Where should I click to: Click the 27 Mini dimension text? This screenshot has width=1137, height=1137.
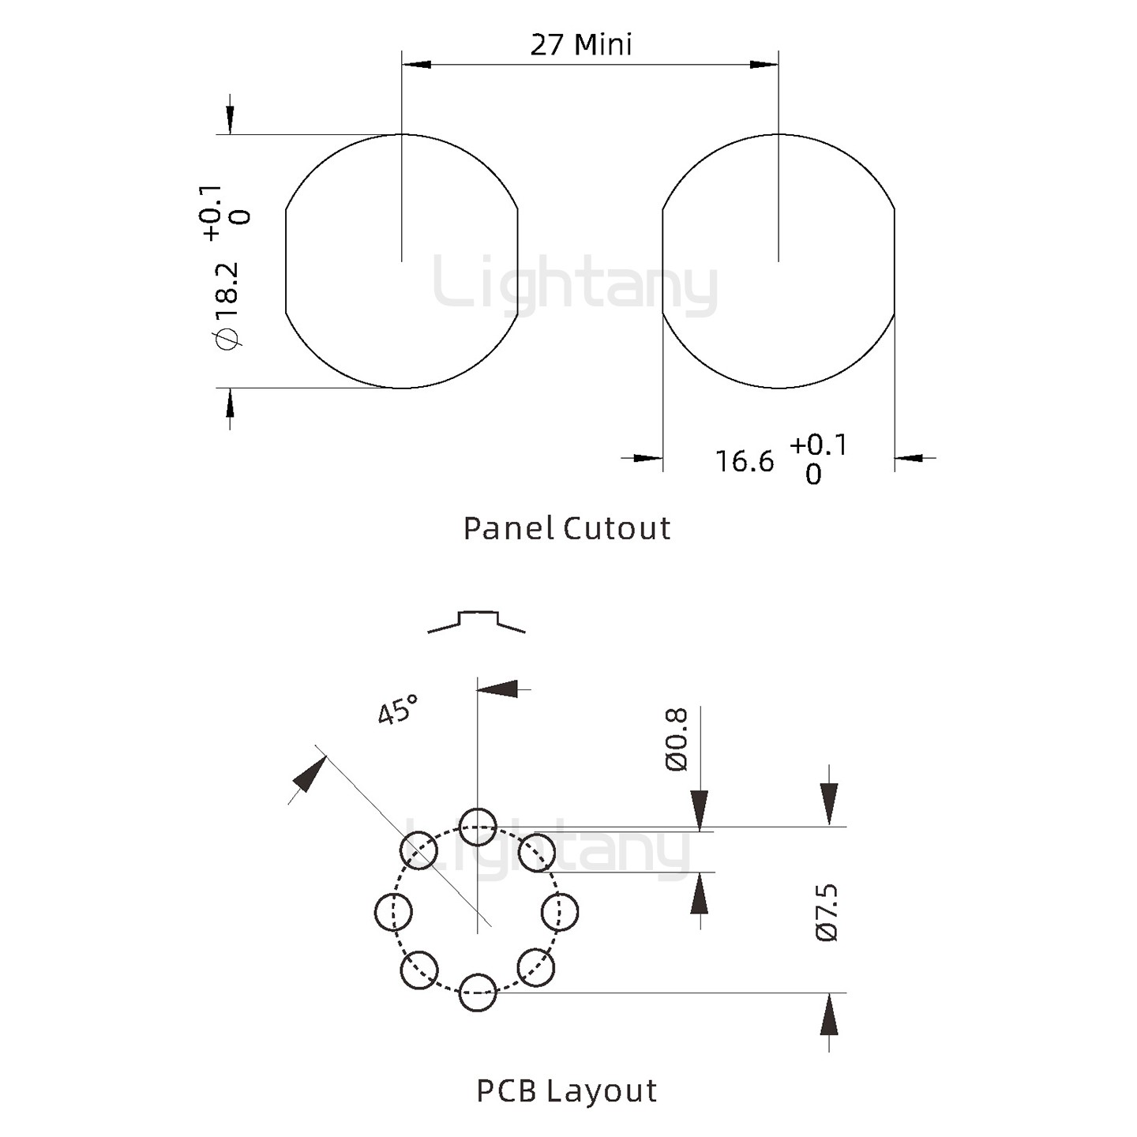(581, 45)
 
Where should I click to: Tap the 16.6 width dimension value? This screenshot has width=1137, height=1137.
(745, 461)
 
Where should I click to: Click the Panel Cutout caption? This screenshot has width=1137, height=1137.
(566, 528)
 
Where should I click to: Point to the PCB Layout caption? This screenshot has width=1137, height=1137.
(566, 1091)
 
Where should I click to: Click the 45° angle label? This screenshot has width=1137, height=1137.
(397, 710)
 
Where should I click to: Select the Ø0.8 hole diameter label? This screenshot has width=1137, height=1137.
(677, 739)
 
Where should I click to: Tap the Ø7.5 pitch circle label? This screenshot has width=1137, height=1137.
(827, 913)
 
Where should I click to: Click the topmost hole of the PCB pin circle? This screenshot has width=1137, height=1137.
(478, 827)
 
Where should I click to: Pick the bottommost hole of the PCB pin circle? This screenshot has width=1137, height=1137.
(478, 993)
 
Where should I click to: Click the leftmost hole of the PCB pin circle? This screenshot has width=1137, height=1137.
(393, 912)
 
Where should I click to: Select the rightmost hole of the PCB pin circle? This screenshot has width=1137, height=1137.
(560, 912)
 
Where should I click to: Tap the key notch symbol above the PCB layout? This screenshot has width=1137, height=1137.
(477, 621)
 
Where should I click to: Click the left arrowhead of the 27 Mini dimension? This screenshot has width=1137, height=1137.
(416, 64)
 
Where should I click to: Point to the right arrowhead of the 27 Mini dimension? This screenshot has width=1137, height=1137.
(764, 64)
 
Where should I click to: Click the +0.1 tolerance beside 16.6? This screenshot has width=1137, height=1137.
(818, 445)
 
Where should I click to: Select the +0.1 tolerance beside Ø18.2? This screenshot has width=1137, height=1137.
(211, 212)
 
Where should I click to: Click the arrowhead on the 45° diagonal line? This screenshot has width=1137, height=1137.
(310, 774)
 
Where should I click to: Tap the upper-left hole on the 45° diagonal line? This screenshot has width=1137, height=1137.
(419, 850)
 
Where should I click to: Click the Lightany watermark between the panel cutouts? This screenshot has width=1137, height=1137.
(575, 283)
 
